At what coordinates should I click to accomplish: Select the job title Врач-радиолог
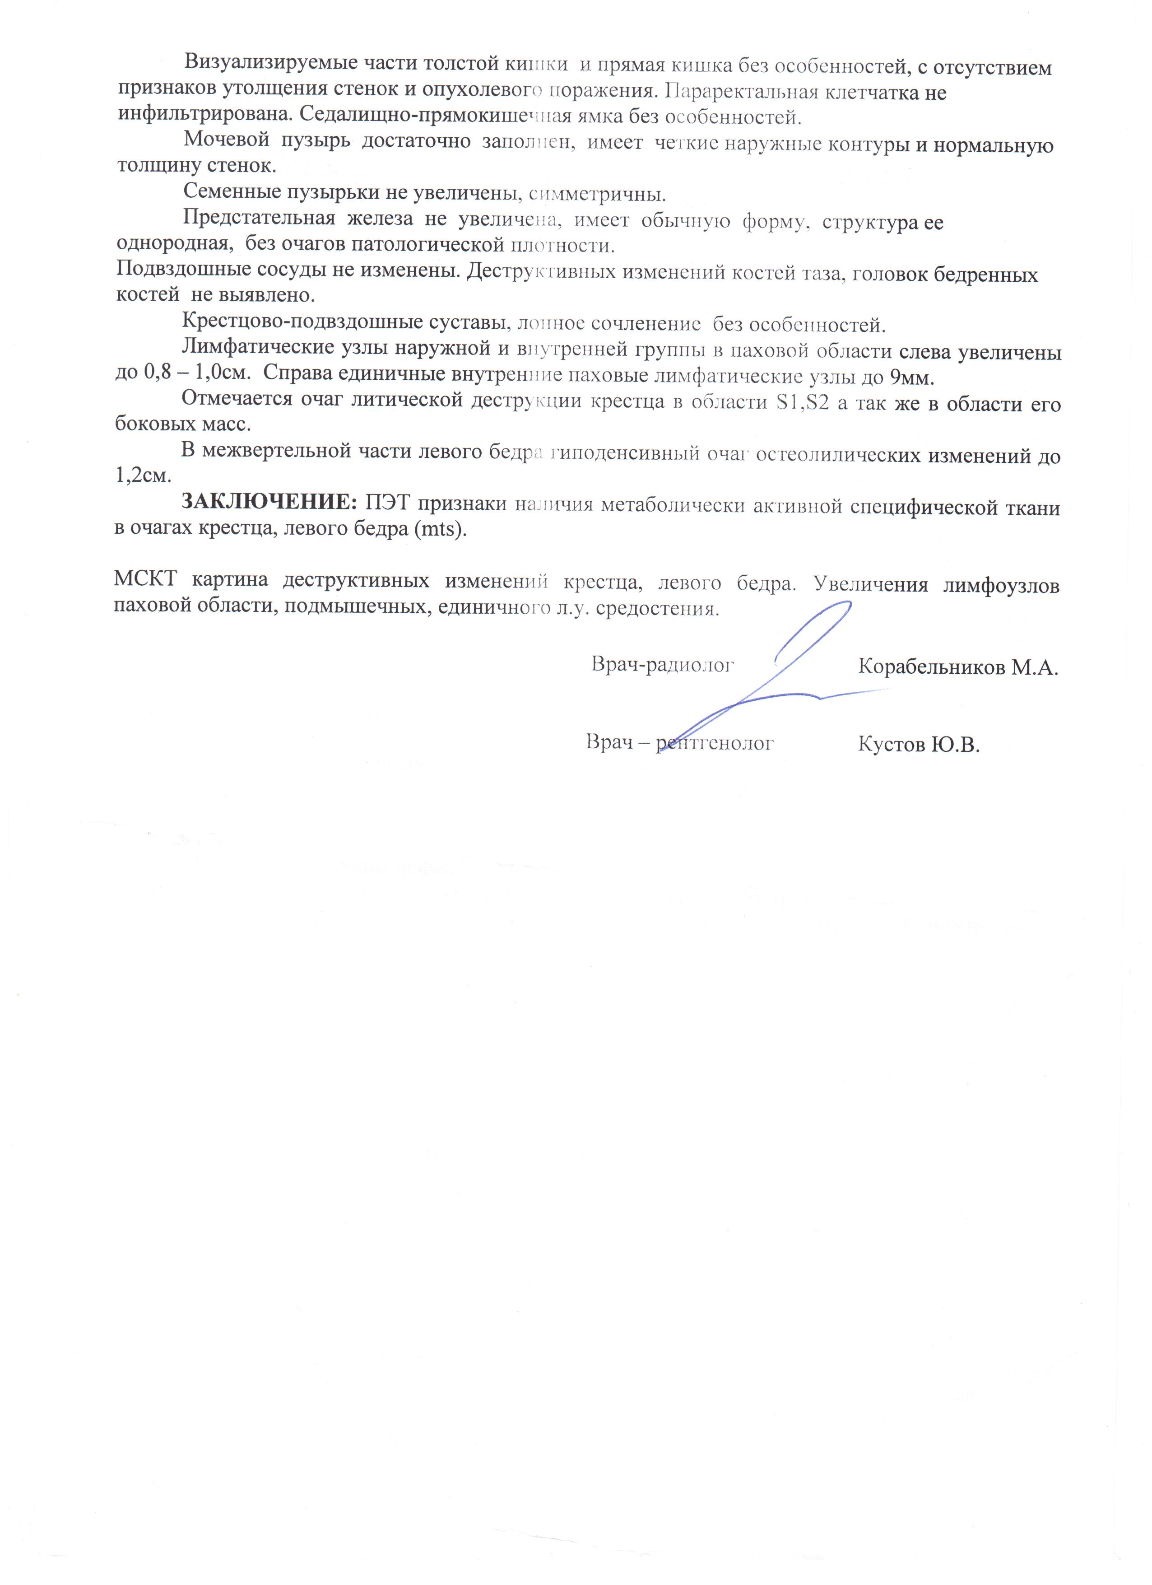[x=662, y=664]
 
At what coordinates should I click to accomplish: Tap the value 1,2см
[x=143, y=476]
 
